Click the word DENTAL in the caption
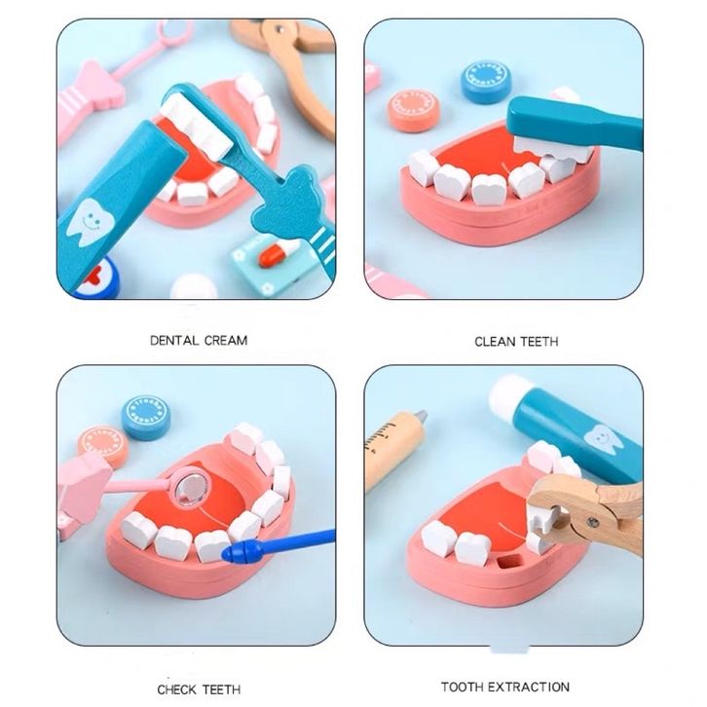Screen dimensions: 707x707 [173, 341]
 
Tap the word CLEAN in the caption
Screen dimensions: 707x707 [494, 341]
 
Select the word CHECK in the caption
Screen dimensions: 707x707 [176, 689]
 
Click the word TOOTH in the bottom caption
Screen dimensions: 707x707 [463, 687]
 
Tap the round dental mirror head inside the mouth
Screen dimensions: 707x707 [192, 487]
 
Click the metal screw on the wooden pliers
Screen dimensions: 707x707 [593, 522]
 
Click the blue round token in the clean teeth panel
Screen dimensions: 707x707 [486, 82]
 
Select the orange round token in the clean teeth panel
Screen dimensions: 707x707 [413, 110]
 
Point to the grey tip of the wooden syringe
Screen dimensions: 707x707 [421, 417]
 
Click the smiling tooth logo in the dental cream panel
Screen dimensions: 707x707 [90, 222]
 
